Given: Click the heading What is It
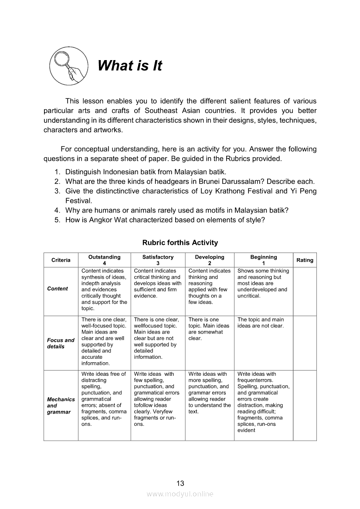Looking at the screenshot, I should [x=129, y=66].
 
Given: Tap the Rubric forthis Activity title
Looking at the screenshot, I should [x=180, y=243].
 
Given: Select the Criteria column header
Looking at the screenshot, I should [x=61, y=260].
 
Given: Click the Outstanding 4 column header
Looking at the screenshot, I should [x=104, y=260].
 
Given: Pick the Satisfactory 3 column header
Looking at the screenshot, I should [x=158, y=260].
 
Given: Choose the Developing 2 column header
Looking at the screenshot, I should [x=209, y=260].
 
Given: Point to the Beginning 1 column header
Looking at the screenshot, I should [x=263, y=260].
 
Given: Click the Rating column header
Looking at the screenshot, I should [x=305, y=260].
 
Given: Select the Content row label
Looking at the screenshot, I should [x=58, y=289].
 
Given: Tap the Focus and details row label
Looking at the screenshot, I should [x=61, y=343].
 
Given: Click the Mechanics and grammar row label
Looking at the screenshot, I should [x=61, y=405].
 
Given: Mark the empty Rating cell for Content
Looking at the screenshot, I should [x=305, y=291].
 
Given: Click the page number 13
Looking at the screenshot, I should [x=180, y=483].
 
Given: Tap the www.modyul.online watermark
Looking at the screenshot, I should [x=180, y=494].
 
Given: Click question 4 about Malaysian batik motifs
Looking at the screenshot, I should [x=177, y=210].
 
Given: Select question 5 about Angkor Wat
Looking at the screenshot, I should [x=165, y=220].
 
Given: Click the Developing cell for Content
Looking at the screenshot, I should [x=209, y=287].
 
